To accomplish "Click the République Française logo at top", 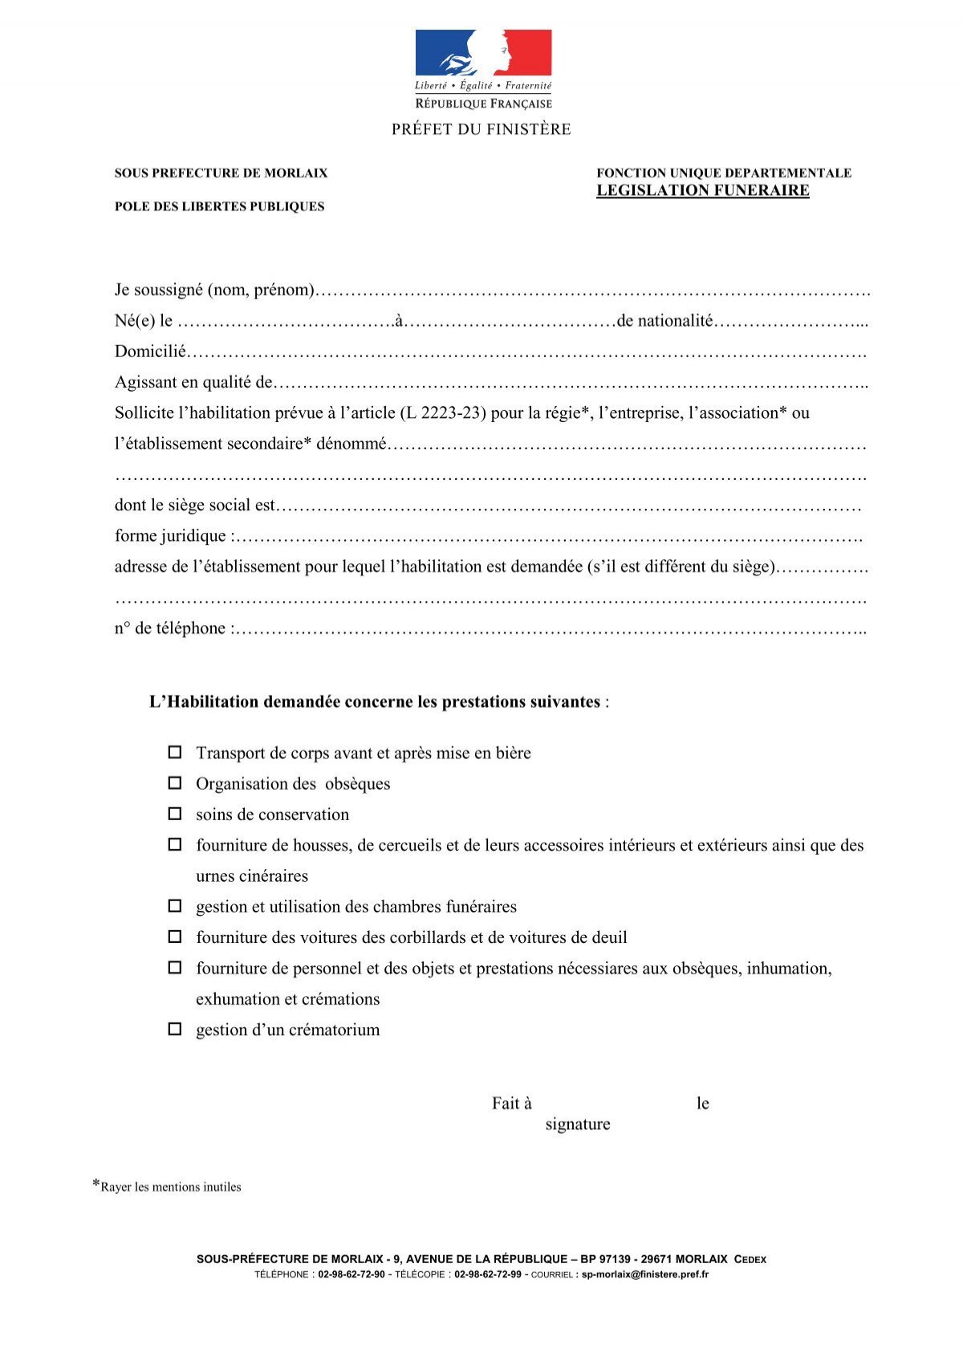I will (483, 69).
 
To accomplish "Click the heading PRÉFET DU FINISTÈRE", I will (481, 129).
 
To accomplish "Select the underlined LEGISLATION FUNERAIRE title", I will (702, 190).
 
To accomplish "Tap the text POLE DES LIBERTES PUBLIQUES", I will (219, 206).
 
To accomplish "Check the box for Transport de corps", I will (174, 753).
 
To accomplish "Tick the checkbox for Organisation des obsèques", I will (174, 783).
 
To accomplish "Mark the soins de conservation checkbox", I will (174, 814).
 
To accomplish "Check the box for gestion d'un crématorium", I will (174, 1029).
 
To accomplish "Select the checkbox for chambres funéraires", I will (174, 906).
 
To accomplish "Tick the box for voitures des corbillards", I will (174, 936).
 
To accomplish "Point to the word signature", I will (577, 1124).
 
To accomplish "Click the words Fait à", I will (511, 1103).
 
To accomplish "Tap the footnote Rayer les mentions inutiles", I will (170, 1187).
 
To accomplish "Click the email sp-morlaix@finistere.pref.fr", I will (644, 1274).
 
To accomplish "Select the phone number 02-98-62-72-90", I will (351, 1274).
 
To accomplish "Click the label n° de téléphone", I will (171, 628).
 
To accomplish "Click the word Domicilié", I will (150, 351).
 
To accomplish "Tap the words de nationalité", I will (664, 321).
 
